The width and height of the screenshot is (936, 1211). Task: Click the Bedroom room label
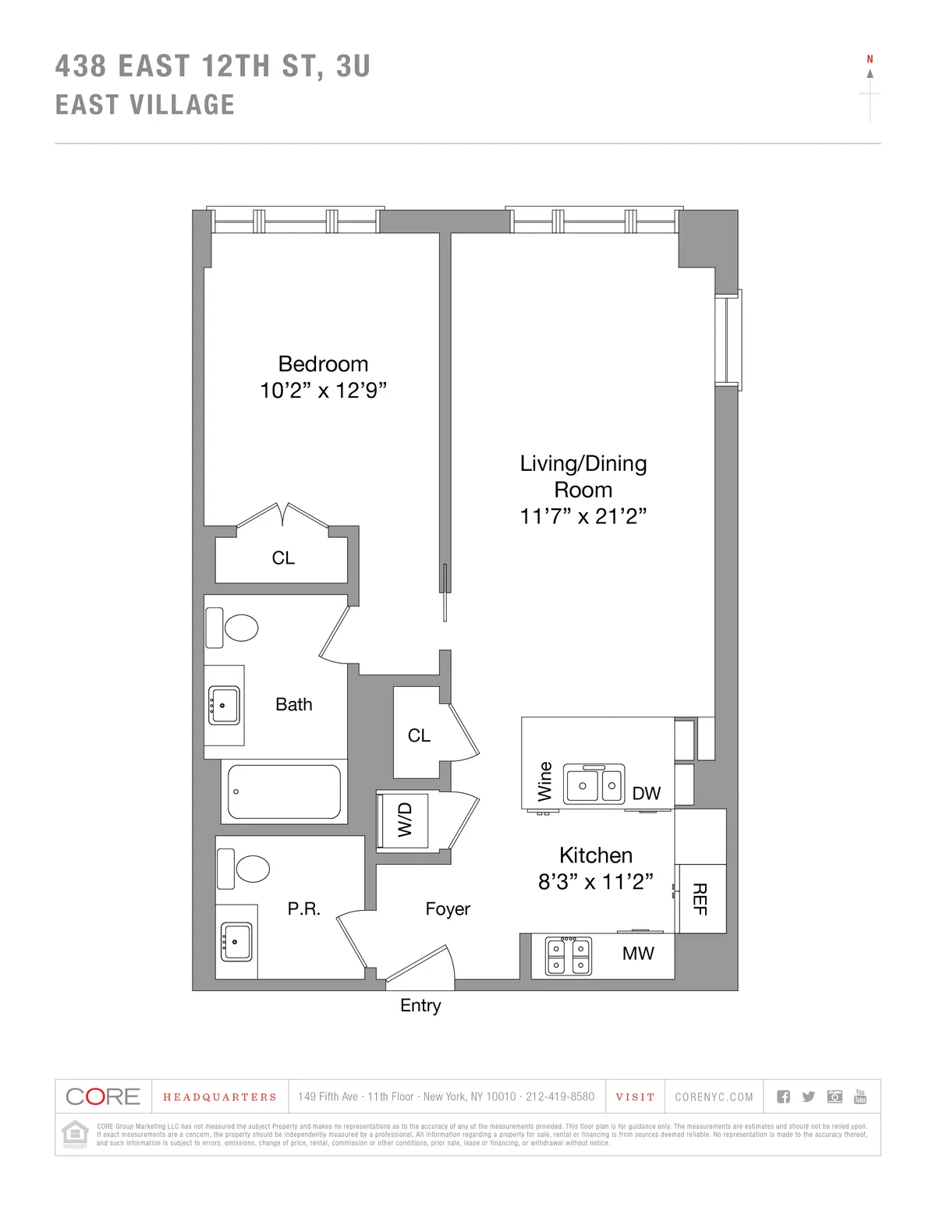[323, 364]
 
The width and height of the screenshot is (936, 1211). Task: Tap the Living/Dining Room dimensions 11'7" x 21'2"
[583, 516]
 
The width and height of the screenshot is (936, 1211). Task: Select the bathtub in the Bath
[283, 791]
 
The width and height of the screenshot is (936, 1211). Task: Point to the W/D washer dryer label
[405, 820]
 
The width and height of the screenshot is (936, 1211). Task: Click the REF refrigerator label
[700, 898]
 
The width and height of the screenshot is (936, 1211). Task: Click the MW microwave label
[638, 954]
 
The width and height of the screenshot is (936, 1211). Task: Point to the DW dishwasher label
[646, 794]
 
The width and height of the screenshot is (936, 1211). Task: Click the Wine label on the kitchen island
[544, 781]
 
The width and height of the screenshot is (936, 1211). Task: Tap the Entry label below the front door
[420, 1006]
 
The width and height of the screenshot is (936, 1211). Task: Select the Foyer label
[448, 909]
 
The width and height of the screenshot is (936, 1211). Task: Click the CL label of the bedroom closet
[283, 558]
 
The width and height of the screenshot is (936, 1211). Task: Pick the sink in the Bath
[223, 706]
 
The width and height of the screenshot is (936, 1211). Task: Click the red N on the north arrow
[870, 59]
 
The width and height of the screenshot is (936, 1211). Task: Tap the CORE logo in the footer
[103, 1097]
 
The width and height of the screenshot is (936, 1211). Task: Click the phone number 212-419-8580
[559, 1097]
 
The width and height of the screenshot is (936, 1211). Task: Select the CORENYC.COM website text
[714, 1097]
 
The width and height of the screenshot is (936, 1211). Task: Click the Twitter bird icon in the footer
[808, 1097]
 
